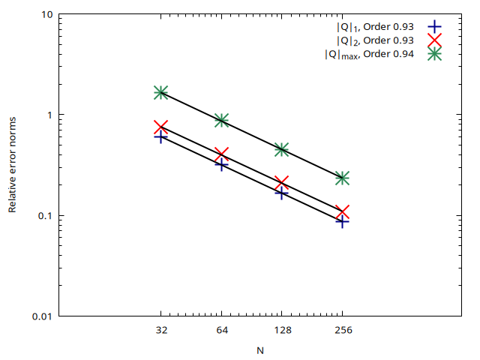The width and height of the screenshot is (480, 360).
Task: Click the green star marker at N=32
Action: (160, 92)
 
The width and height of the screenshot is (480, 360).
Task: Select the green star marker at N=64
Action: (221, 120)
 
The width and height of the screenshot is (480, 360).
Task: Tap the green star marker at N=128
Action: (282, 149)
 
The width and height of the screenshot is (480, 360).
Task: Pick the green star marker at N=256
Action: (343, 178)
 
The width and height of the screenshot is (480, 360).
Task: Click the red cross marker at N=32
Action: (160, 127)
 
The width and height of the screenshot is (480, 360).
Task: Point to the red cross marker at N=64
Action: (221, 154)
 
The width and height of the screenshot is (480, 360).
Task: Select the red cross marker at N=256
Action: (343, 212)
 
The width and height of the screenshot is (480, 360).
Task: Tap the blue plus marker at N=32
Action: (160, 137)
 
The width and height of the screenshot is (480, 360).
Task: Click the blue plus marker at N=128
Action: (282, 193)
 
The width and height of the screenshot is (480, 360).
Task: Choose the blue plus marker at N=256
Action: (343, 221)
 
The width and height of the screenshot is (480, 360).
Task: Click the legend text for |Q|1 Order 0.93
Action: (375, 27)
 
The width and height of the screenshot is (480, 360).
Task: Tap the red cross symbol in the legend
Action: (433, 40)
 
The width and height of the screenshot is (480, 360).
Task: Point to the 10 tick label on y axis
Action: (46, 14)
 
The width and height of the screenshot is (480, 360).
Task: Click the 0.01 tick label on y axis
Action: (42, 316)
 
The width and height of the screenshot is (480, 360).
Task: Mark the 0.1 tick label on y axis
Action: (44, 216)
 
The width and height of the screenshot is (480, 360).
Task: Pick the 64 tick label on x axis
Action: (221, 330)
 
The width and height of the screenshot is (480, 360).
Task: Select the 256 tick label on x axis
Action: (343, 330)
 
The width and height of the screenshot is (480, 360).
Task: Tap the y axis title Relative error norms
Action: (13, 165)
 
